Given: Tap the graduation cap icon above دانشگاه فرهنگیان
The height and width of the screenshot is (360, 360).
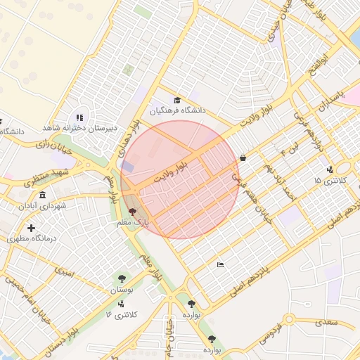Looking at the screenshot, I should pyautogui.click(x=177, y=100).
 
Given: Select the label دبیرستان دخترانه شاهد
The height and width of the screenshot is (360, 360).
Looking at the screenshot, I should pyautogui.click(x=79, y=128).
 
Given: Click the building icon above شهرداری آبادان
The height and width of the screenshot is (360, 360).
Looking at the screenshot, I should pyautogui.click(x=43, y=195).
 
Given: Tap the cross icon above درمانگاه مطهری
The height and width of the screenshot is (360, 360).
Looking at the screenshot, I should pyautogui.click(x=31, y=228).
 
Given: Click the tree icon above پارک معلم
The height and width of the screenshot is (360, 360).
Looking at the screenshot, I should pyautogui.click(x=133, y=211).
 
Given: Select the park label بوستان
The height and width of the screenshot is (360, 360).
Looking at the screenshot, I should pyautogui.click(x=122, y=290).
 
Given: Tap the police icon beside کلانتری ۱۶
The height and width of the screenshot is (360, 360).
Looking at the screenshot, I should pyautogui.click(x=122, y=304).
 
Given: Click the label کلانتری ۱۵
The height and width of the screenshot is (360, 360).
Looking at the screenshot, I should pyautogui.click(x=327, y=181).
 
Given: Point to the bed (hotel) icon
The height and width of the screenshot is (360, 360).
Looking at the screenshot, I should pyautogui.click(x=221, y=264).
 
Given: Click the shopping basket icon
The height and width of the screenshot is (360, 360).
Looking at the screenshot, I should pyautogui.click(x=243, y=158).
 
